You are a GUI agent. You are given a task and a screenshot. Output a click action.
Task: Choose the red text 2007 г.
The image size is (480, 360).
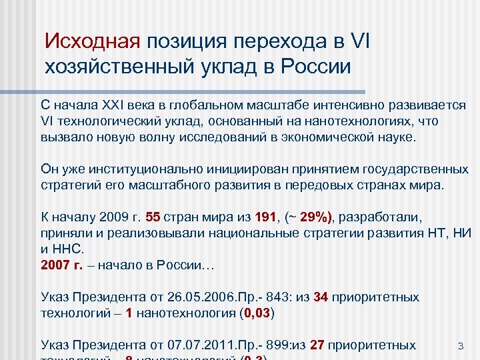click(62, 265)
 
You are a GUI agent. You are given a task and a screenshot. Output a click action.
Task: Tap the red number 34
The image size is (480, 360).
click(321, 297)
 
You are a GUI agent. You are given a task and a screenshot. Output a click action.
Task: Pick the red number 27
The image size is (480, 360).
click(318, 345)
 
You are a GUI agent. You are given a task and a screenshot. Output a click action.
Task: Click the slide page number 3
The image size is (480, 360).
click(460, 346)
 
